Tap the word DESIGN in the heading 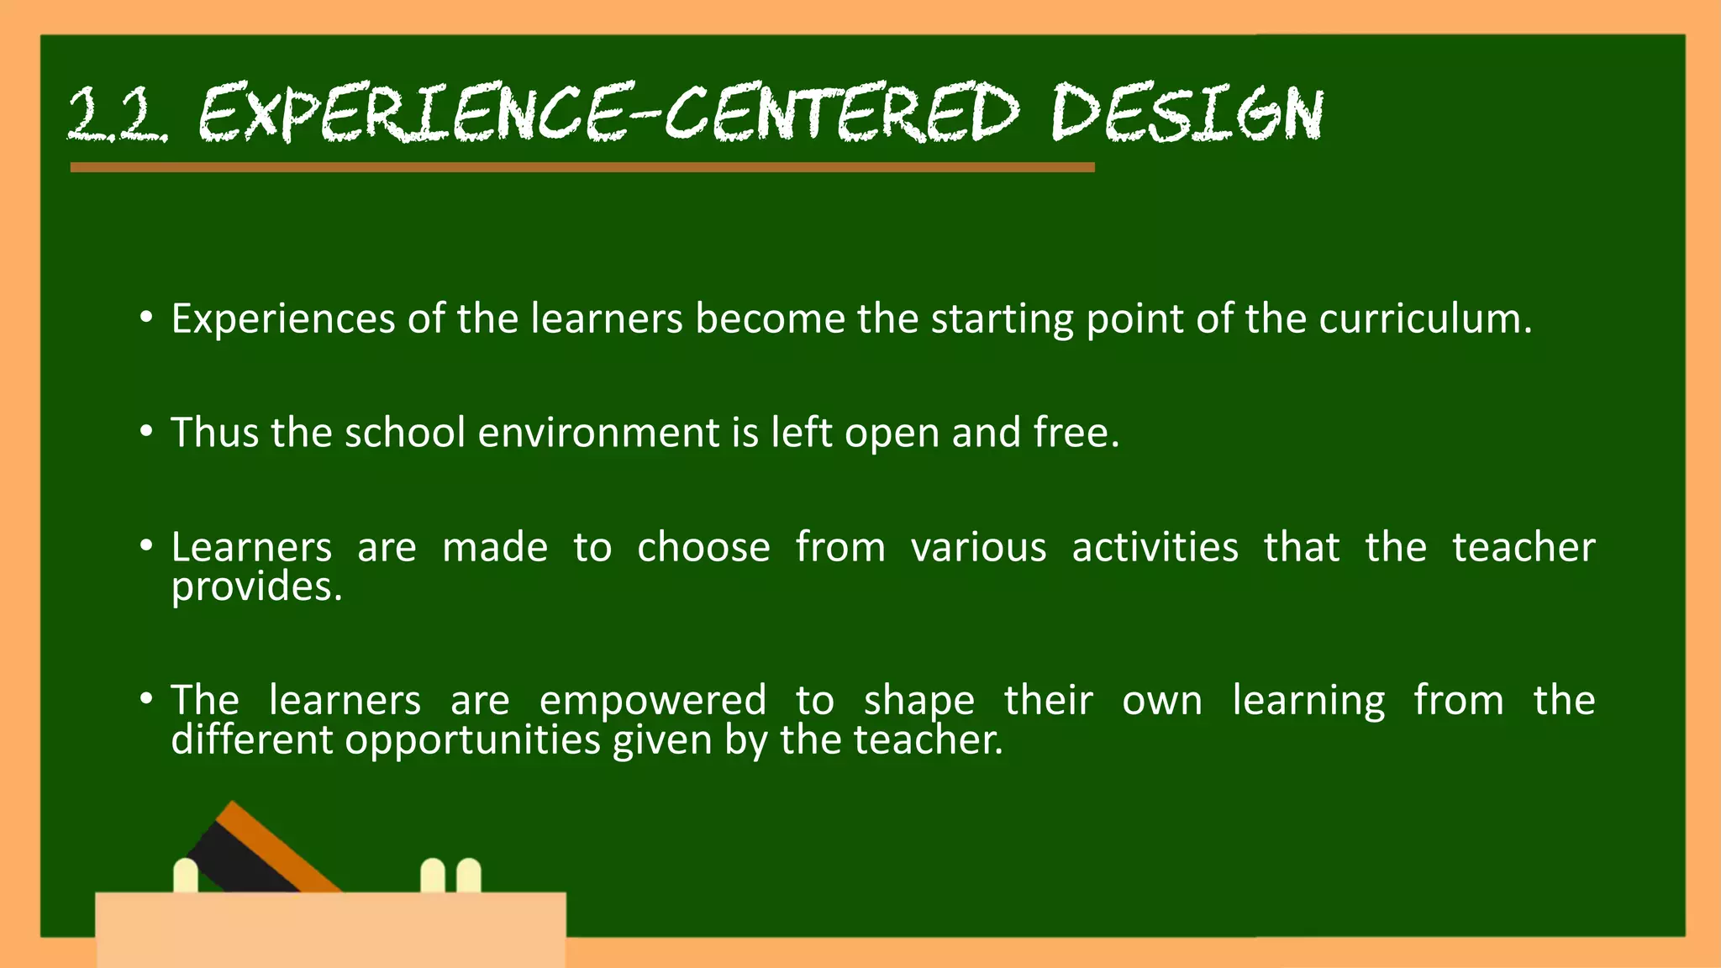click(x=1187, y=113)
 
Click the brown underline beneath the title click(x=582, y=167)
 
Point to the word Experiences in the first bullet click(x=283, y=319)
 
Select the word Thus click(x=214, y=433)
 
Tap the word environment click(x=599, y=433)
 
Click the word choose click(x=703, y=548)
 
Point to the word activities click(x=1155, y=548)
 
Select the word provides click(x=255, y=587)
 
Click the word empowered click(x=652, y=701)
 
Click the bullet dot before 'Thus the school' click(x=147, y=432)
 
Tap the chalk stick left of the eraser click(x=185, y=876)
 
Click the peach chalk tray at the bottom click(x=330, y=929)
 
